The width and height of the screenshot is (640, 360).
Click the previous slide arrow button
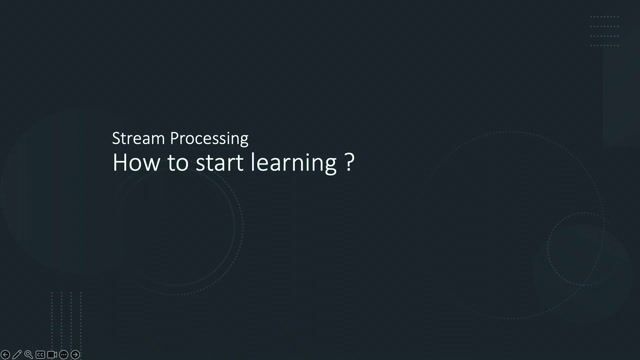5,354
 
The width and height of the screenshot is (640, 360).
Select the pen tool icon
17,354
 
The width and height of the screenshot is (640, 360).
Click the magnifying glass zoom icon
28,354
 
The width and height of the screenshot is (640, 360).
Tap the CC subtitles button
40,354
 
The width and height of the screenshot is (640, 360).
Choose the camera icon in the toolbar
52,354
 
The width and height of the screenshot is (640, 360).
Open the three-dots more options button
63,354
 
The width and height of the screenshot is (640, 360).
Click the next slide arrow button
75,354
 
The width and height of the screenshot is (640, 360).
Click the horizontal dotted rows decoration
604,31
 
